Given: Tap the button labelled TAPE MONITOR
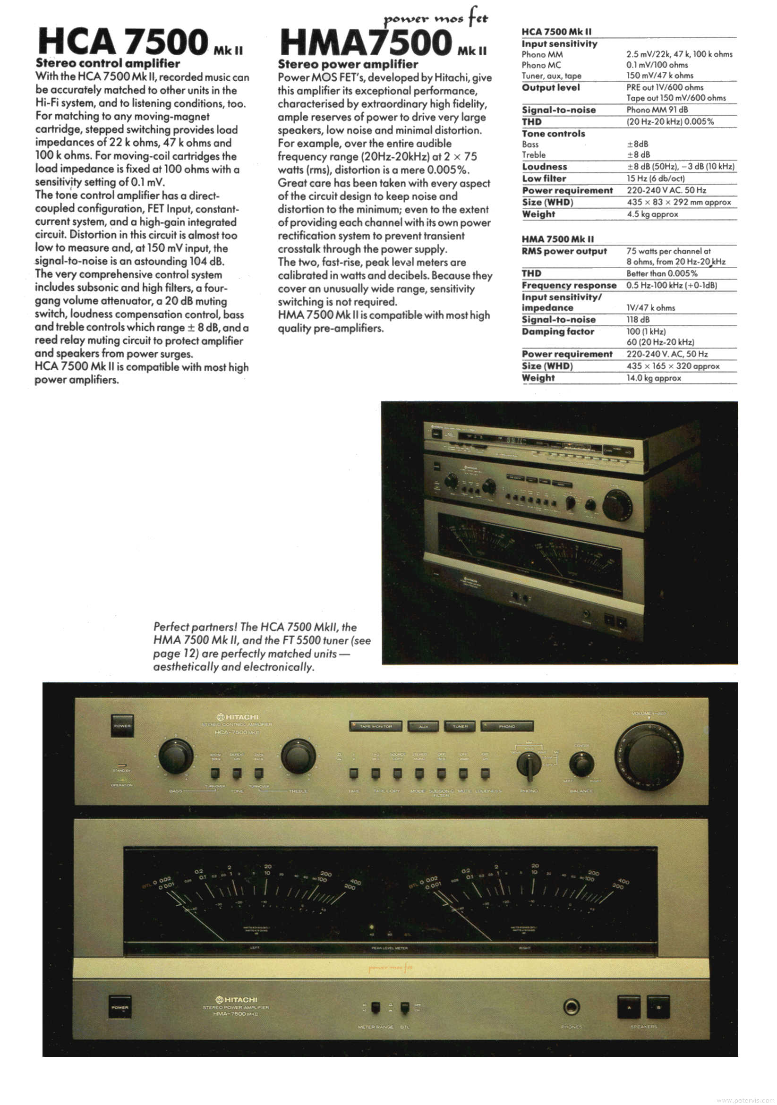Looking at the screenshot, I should click(376, 726).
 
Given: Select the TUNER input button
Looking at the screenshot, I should click(460, 726).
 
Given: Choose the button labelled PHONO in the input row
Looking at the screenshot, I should click(507, 726).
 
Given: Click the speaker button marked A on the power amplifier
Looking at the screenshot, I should click(629, 1007).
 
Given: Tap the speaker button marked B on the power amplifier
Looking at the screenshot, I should click(658, 1007).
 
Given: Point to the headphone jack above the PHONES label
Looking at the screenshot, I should click(572, 1006).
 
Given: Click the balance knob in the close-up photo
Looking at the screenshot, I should click(581, 764).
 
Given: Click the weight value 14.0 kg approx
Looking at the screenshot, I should click(654, 378).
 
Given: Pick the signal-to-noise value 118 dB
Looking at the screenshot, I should click(638, 320).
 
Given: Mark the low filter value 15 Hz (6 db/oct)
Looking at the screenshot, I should click(655, 178).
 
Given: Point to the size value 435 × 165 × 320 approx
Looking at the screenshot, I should click(673, 366).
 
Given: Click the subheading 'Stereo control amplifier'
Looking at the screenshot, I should click(108, 64).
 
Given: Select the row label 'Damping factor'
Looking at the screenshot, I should click(557, 331).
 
